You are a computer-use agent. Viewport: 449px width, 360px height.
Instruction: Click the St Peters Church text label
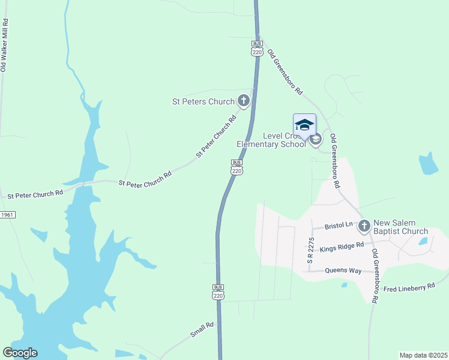(x=204, y=101)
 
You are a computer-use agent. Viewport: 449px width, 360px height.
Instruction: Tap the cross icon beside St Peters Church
(x=243, y=101)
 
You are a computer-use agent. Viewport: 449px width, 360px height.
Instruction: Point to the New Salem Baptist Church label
(x=400, y=227)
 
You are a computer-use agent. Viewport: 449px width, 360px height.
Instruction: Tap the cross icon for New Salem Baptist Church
(x=364, y=226)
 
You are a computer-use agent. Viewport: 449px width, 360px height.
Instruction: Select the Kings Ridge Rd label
(x=342, y=246)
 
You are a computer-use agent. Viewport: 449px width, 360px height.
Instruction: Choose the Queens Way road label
(x=344, y=271)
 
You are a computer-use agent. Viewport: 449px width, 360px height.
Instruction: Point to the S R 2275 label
(x=311, y=250)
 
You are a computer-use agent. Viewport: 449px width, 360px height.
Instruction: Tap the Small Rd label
(x=202, y=330)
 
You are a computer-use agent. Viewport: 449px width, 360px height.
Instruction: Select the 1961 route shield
(x=7, y=215)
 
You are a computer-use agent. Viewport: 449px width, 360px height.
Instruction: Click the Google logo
(x=20, y=353)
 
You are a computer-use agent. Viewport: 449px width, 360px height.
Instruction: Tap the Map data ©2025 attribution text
(x=423, y=355)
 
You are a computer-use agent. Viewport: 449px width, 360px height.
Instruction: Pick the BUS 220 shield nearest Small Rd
(x=218, y=292)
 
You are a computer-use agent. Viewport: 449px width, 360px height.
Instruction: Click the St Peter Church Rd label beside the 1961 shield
(x=35, y=194)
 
